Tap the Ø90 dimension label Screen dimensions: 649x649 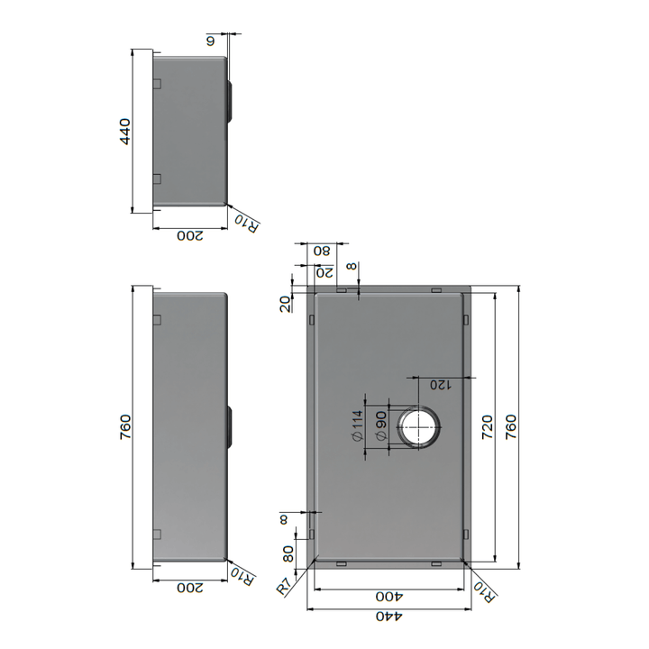381,425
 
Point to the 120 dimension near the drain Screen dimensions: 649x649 439,385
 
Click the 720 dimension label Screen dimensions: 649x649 487,426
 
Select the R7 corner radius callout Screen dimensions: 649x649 285,587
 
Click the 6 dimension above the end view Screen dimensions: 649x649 212,41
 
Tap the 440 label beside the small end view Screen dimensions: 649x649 125,132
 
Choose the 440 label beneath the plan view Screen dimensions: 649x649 388,617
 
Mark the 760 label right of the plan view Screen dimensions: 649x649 511,426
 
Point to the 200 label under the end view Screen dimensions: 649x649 189,236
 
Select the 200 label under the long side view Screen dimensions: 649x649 189,589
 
